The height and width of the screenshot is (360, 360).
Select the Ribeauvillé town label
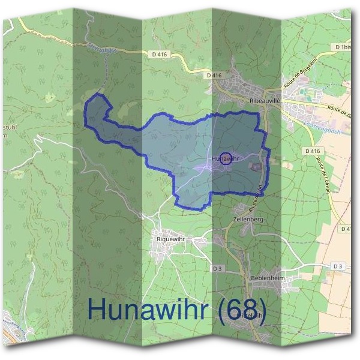pyautogui.click(x=265, y=101)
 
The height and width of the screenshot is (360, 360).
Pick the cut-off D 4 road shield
pyautogui.click(x=346, y=229)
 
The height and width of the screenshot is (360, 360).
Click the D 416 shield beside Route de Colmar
pyautogui.click(x=312, y=151)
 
